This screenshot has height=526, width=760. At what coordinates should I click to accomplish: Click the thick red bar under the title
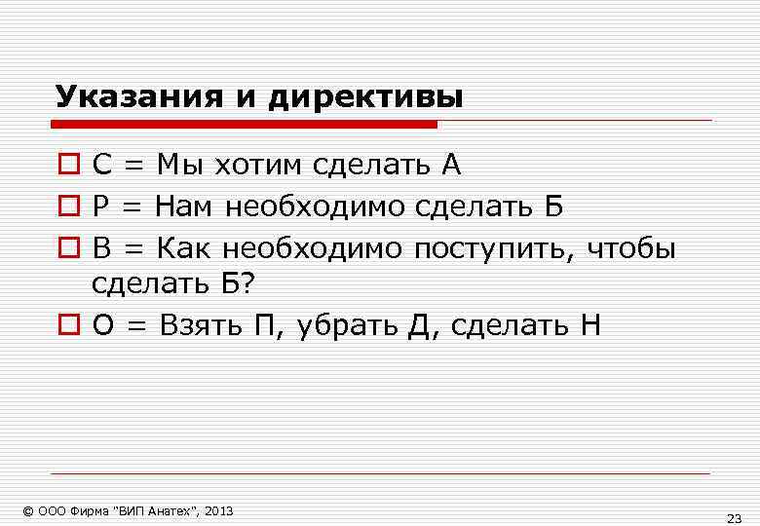tap(244, 124)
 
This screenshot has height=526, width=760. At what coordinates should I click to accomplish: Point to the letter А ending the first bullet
tap(450, 166)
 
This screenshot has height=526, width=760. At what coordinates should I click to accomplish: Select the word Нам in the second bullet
tap(185, 207)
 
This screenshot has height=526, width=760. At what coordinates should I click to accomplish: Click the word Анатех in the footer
tap(171, 510)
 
